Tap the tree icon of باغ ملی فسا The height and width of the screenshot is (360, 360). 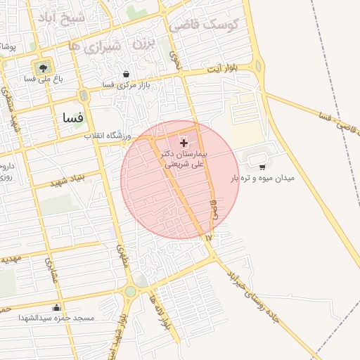click(44, 67)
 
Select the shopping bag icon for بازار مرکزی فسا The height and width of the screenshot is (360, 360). click(126, 74)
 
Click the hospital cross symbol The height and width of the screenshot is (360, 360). click(184, 143)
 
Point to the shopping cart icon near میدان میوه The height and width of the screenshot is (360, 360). click(262, 167)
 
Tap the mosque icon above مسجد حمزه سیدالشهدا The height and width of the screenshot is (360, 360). click(57, 307)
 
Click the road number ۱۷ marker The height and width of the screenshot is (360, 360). click(208, 238)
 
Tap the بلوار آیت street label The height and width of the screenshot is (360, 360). click(224, 70)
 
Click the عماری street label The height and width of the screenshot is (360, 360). click(51, 271)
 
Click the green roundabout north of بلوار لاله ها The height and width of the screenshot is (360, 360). click(129, 291)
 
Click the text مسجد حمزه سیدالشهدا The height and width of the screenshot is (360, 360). click(58, 319)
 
